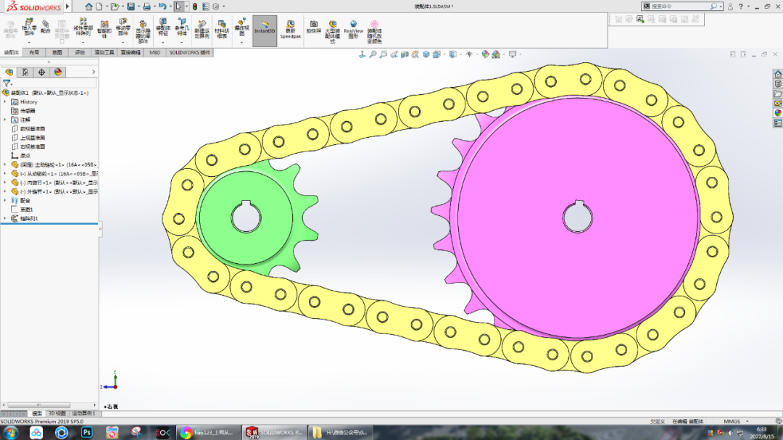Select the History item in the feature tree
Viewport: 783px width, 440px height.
coord(28,102)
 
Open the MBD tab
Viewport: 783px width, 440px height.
coord(154,53)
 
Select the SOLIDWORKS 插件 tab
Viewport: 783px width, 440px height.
coord(190,53)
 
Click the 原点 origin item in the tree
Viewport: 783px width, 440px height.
coord(25,156)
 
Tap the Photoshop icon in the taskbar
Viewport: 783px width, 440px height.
coord(86,433)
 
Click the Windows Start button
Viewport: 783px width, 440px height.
coord(12,433)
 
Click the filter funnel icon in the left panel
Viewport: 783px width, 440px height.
coord(7,83)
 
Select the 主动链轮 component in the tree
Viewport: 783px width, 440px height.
coord(54,165)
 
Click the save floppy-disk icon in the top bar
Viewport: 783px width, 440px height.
coord(146,6)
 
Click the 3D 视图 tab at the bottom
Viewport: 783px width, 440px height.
coord(57,413)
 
